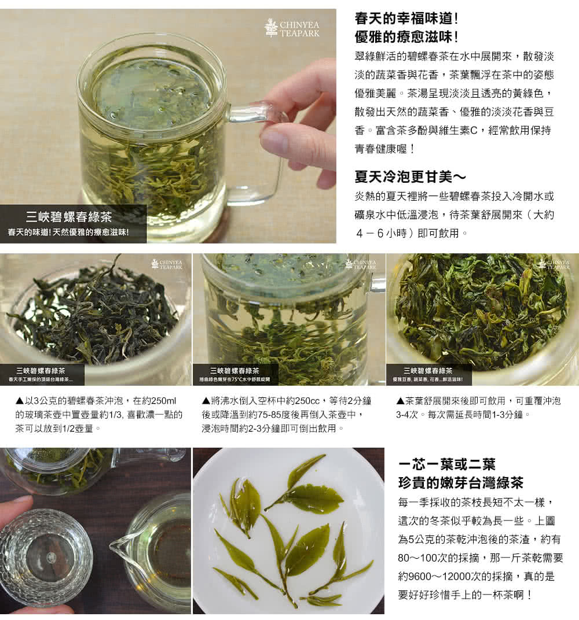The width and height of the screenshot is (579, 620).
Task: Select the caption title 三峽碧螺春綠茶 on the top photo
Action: [x=69, y=218]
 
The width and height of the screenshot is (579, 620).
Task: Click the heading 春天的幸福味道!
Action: [x=406, y=19]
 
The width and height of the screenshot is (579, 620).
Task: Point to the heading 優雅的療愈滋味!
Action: [x=406, y=37]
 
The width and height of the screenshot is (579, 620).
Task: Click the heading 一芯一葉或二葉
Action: [x=447, y=464]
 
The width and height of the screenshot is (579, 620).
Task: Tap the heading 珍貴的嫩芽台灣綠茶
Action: [x=461, y=482]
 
